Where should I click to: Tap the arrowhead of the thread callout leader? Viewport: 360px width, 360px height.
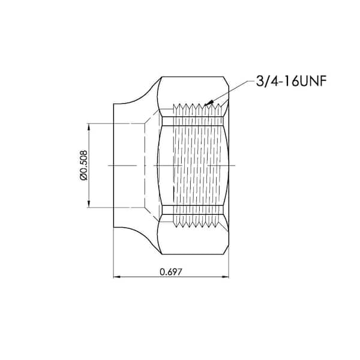206,103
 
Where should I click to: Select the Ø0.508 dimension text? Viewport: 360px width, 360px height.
84,166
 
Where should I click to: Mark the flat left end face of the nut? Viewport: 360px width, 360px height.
114,165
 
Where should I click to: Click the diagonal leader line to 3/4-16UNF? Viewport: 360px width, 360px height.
228,91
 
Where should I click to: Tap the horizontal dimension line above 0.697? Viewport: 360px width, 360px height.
144,277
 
